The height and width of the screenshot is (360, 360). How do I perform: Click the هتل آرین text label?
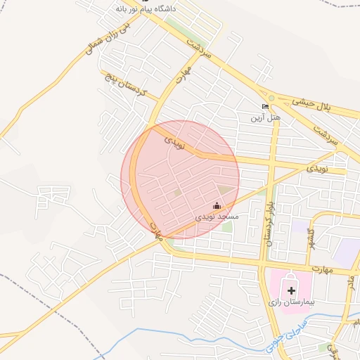(x=266, y=118)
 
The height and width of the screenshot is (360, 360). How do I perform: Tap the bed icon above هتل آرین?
(x=265, y=107)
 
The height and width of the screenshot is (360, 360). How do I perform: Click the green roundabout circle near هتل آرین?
(x=271, y=98)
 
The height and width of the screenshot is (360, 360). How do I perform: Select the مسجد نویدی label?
(x=217, y=217)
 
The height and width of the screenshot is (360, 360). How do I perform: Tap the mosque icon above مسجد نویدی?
(x=217, y=205)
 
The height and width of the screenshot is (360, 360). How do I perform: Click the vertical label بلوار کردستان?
(x=269, y=221)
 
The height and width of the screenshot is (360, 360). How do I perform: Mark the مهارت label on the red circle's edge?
(x=156, y=229)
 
